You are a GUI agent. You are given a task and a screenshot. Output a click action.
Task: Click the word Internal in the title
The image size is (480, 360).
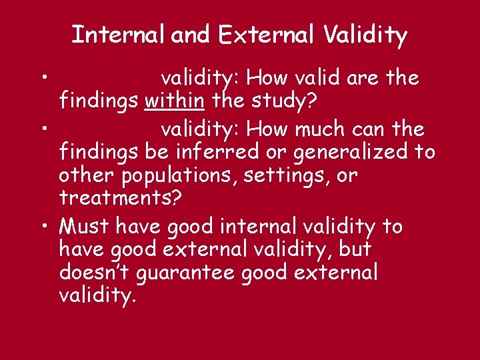click(x=119, y=34)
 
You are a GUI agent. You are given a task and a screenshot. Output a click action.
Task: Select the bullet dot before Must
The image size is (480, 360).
click(x=42, y=227)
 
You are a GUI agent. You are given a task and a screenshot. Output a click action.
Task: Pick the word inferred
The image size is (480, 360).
click(x=216, y=151)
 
